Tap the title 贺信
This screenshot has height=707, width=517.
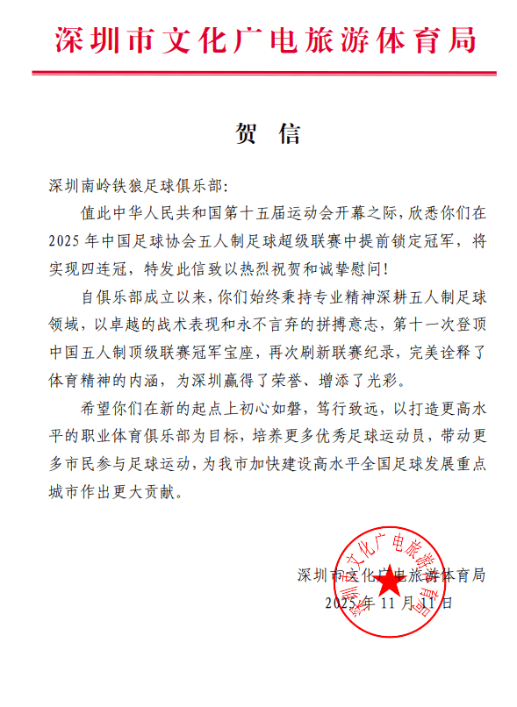(x=268, y=133)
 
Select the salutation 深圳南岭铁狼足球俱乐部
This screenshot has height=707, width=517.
(x=136, y=187)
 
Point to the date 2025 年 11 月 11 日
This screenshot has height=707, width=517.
(x=388, y=603)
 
